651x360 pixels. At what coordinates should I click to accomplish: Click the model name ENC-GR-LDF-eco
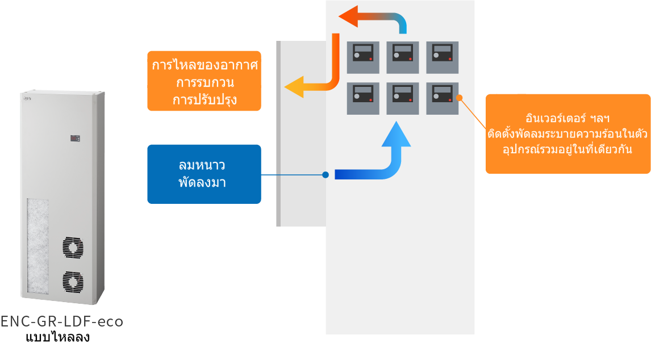(x=61, y=321)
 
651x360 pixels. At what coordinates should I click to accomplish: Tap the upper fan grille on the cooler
(x=73, y=248)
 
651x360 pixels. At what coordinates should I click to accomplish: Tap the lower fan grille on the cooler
(x=73, y=282)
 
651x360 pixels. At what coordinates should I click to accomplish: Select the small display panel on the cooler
(x=75, y=138)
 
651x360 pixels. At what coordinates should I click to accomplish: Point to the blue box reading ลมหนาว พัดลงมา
(x=204, y=174)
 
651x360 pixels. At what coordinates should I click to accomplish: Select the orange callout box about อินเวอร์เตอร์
(x=567, y=133)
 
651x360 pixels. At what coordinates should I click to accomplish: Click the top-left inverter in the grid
(x=363, y=57)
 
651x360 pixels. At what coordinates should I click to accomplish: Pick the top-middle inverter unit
(x=403, y=57)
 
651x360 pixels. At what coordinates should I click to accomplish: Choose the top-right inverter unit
(x=442, y=57)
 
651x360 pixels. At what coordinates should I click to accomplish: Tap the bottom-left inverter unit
(x=363, y=98)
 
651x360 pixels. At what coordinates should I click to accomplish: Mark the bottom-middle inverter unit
(x=403, y=98)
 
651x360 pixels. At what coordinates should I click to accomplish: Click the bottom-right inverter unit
(x=442, y=98)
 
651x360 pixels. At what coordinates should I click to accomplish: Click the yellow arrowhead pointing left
(x=295, y=87)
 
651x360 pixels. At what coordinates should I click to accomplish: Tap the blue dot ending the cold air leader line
(x=325, y=175)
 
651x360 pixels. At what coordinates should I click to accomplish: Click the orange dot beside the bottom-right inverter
(x=460, y=98)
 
